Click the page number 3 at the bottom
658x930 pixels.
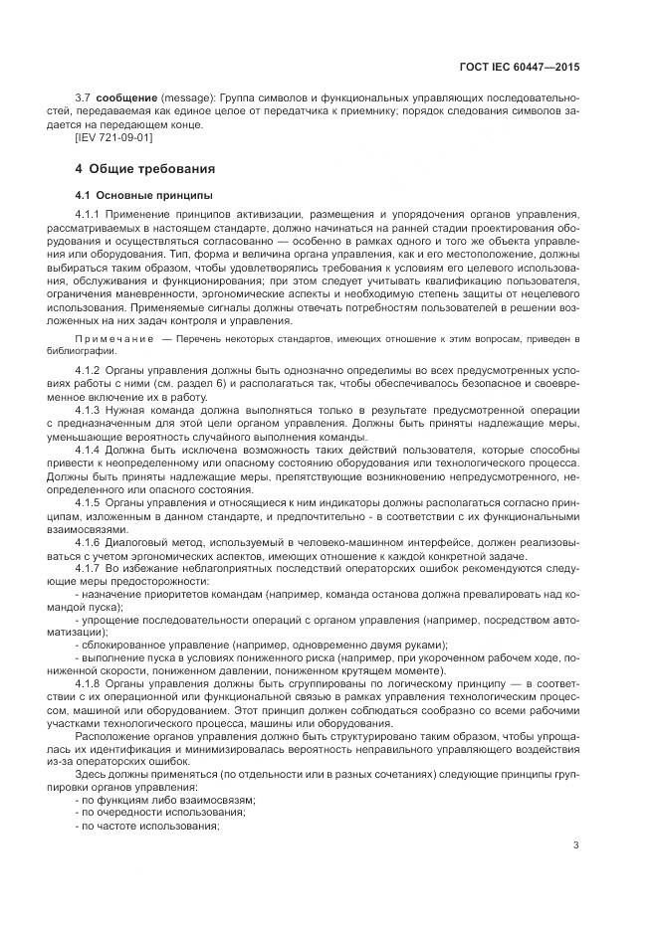click(575, 845)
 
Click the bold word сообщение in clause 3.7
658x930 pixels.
click(126, 99)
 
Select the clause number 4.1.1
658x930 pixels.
click(89, 214)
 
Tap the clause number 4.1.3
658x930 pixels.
click(89, 410)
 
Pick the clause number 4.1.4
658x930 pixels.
click(89, 449)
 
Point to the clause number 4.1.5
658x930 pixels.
click(89, 501)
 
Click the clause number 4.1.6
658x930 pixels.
click(89, 540)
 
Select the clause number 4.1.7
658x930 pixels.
click(89, 566)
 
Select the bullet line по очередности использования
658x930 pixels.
click(159, 812)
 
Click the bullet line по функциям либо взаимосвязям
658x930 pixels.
click(166, 799)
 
